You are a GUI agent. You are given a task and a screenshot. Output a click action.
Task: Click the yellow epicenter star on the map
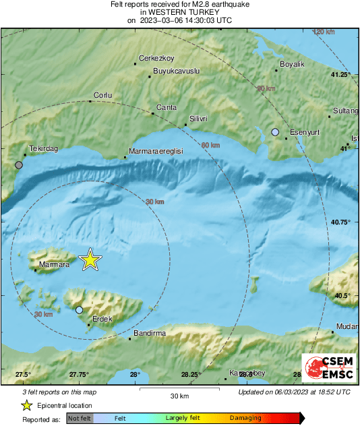point(90,260)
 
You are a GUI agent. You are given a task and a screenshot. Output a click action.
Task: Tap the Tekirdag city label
point(41,148)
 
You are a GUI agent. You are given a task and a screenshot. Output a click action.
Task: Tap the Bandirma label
point(150,333)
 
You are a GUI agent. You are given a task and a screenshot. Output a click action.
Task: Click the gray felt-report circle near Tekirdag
point(19,164)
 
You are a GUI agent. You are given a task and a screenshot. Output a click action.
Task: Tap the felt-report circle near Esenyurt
point(275,132)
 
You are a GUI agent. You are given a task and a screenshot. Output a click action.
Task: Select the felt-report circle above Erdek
point(79,309)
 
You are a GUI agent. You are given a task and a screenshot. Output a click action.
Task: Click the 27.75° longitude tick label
point(79,375)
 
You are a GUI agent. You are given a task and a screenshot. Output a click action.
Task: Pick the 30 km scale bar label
point(179,396)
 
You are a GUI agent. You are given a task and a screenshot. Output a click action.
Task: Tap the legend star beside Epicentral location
point(26,405)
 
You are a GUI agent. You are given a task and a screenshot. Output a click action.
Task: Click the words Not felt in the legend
point(79,419)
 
